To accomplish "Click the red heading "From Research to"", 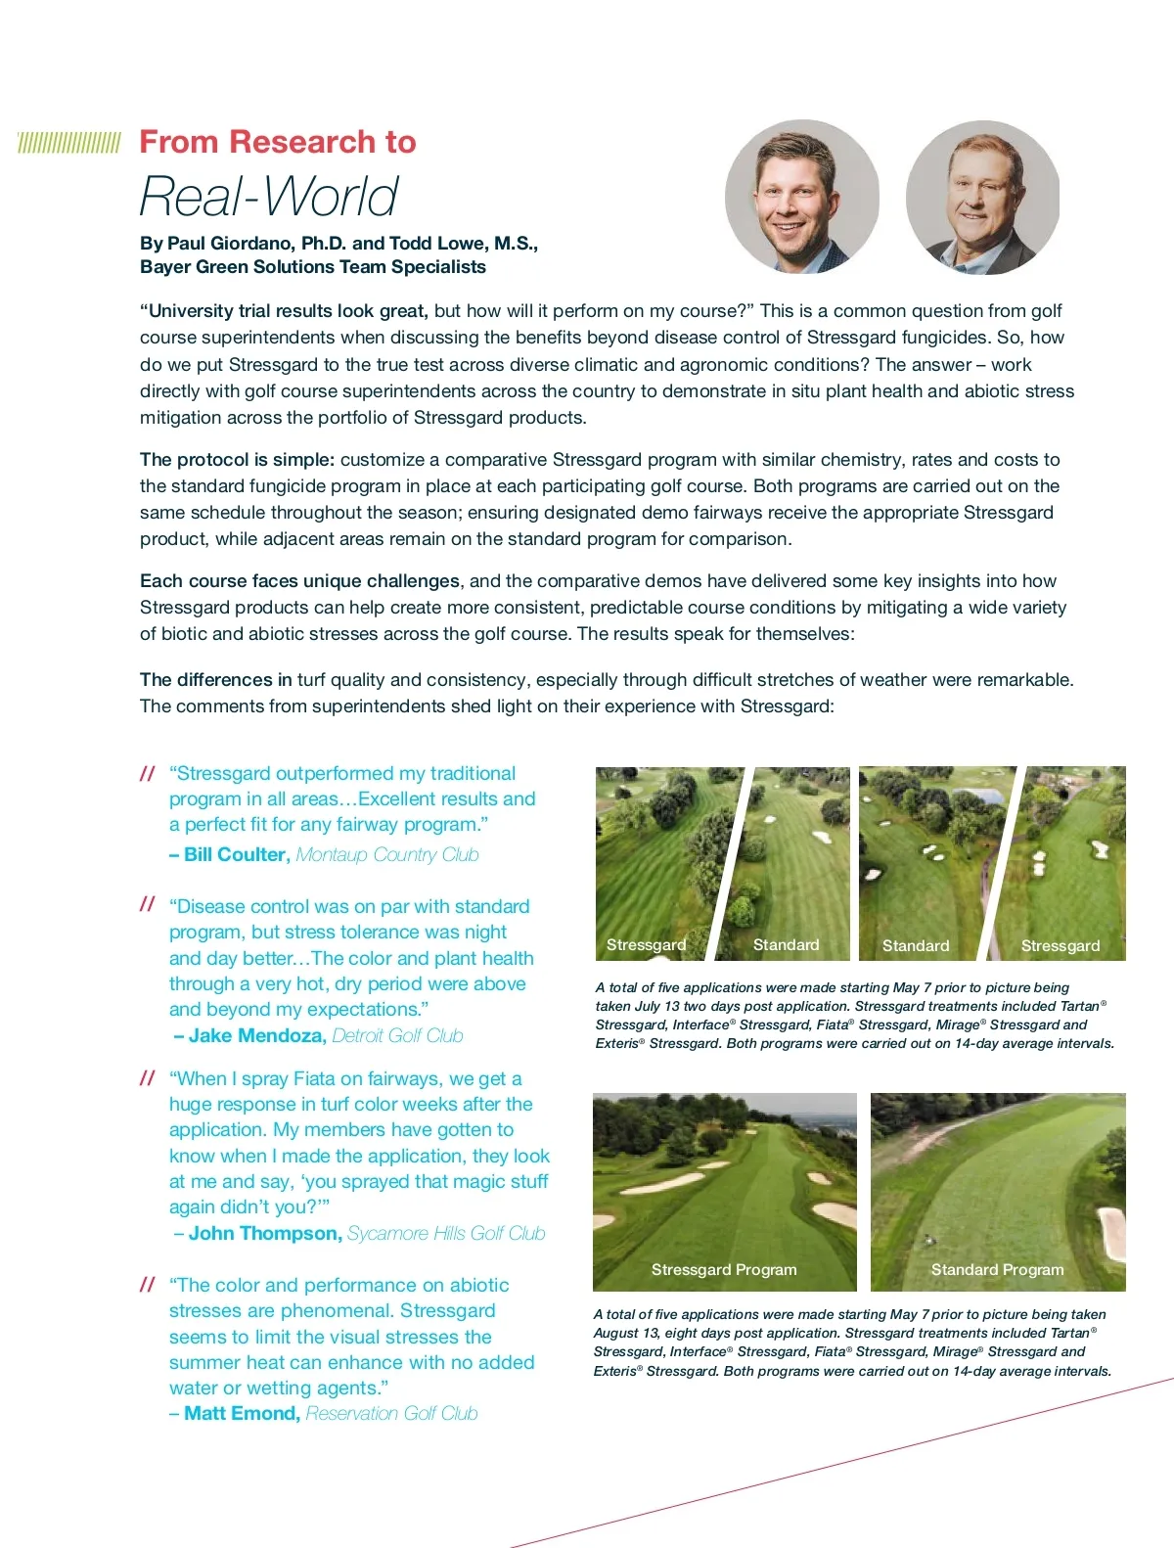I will [278, 142].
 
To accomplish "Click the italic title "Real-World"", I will [269, 196].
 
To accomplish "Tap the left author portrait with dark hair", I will [801, 197].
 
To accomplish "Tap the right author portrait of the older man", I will [982, 197].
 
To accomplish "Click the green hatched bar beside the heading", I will [69, 143].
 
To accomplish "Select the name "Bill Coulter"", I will [237, 854].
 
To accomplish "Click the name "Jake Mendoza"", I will [256, 1035].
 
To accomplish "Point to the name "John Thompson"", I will [264, 1233].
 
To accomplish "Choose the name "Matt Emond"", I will [241, 1413].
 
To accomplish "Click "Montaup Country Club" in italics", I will [387, 854].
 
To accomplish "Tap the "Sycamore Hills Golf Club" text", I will [446, 1233].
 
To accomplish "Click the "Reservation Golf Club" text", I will [391, 1413].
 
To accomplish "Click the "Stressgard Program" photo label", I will [724, 1269].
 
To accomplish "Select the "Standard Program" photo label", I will [997, 1269].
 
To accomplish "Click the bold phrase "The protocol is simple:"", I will [237, 459].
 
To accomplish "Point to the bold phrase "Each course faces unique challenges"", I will [299, 580].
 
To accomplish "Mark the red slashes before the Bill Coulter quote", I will [148, 774].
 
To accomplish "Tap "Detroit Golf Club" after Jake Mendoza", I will [397, 1035].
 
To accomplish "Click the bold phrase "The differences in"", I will [215, 679].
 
